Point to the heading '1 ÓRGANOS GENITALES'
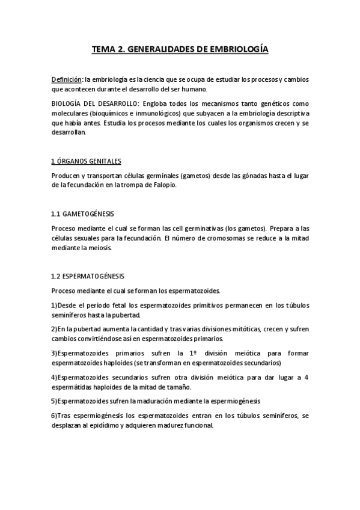pos(86,161)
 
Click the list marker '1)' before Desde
pos(54,306)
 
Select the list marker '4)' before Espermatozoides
pos(54,377)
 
